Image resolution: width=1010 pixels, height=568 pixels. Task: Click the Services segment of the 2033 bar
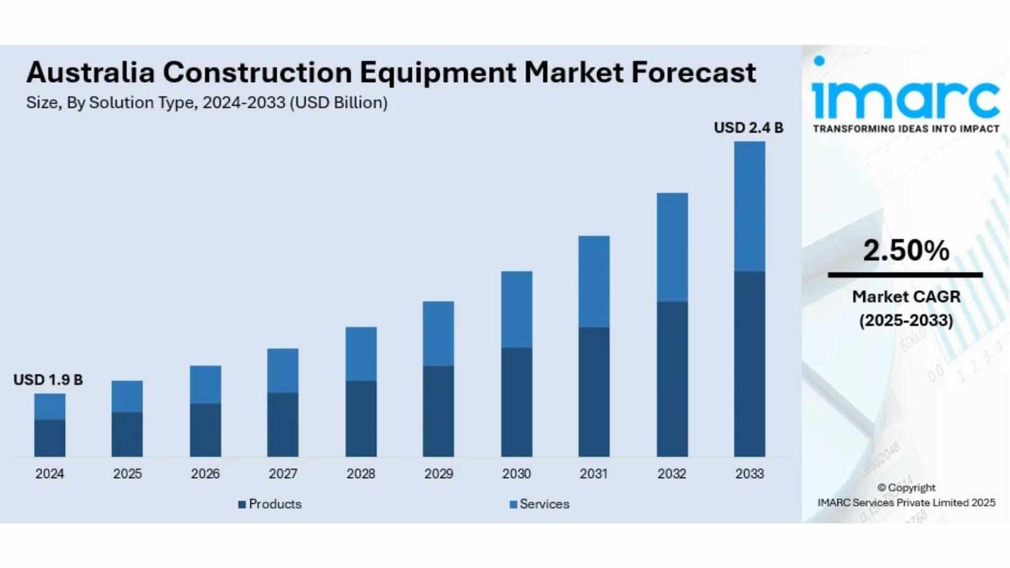[749, 206]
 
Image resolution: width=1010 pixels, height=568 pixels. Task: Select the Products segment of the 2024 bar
[50, 438]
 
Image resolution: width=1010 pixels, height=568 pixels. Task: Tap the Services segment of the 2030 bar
[516, 309]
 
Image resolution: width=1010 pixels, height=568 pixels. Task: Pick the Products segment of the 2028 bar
[361, 419]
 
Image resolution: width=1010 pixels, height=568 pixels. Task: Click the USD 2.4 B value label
[748, 127]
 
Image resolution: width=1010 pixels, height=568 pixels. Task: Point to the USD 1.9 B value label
[48, 380]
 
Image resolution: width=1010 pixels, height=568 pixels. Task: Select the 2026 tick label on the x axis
[205, 474]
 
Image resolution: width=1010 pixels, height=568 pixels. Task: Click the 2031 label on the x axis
[594, 474]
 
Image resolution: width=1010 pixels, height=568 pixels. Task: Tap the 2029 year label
[439, 474]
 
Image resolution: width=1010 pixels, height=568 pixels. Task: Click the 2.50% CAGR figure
[906, 251]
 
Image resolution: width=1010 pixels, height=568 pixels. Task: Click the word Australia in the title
[90, 73]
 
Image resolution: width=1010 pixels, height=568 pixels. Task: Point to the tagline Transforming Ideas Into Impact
[906, 129]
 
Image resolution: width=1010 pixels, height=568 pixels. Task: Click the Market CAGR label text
[906, 297]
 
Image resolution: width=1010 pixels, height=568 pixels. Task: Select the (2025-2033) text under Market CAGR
[906, 321]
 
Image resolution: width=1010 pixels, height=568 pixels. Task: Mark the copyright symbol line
[906, 488]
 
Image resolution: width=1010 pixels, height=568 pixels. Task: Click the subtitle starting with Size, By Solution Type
[206, 103]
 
